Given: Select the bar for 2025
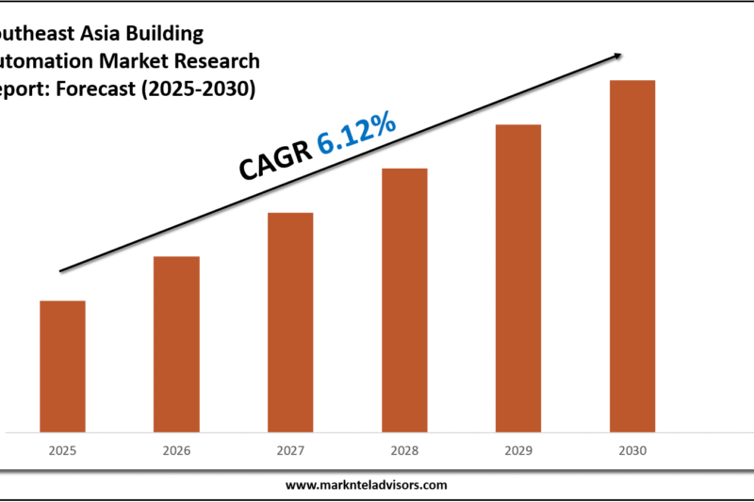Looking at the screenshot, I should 62,366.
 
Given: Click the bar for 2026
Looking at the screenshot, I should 176,344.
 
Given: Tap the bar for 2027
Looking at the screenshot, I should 290,322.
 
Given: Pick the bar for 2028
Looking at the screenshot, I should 404,300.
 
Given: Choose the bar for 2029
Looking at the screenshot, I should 518,278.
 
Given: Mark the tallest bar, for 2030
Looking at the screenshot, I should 632,256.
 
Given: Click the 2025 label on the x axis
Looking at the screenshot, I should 62,451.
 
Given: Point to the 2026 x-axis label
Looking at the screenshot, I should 176,451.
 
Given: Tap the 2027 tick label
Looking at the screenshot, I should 290,451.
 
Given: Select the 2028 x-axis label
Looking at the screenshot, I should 404,451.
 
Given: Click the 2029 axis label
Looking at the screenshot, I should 518,451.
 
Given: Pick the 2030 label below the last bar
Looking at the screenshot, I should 632,451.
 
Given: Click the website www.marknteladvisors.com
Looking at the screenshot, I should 367,485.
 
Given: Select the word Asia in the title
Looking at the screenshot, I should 100,35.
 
